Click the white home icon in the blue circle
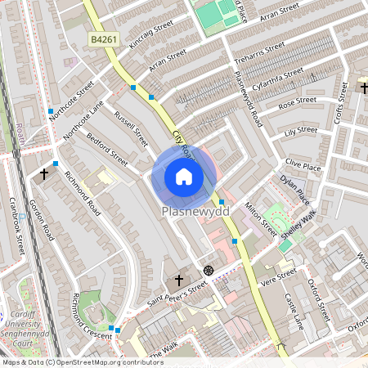pos(184,176)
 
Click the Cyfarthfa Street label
pos(280,78)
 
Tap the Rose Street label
pos(298,104)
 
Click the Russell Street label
pos(132,129)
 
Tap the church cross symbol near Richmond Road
pos(44,174)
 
